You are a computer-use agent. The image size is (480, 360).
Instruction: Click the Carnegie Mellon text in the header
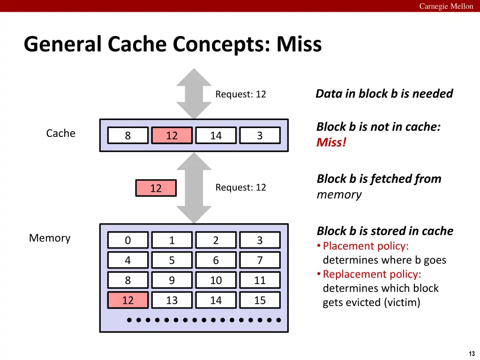446,6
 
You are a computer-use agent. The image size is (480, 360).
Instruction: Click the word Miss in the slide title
299,45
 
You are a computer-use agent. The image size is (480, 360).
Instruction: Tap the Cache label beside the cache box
60,134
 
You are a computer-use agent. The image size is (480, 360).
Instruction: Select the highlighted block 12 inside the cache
172,135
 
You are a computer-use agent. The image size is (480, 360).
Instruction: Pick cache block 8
128,135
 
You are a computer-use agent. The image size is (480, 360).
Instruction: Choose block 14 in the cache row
216,135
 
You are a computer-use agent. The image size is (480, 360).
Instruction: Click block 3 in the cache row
260,135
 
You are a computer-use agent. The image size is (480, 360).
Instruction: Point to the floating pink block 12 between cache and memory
156,188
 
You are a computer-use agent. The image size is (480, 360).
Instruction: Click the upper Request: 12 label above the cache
240,94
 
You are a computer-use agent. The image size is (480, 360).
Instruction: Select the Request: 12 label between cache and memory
240,187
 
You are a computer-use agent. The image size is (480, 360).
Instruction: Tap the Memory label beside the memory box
50,238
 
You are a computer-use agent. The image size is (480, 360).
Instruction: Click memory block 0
128,240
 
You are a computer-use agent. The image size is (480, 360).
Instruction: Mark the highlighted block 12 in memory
128,300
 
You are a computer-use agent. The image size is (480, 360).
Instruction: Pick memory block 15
260,300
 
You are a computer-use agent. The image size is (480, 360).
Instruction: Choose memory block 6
216,260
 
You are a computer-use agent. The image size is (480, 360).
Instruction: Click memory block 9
172,280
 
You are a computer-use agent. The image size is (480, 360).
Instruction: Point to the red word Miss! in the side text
331,142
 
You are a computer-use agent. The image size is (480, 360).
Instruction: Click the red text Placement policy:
366,246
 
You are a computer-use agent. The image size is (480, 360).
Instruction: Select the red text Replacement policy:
372,274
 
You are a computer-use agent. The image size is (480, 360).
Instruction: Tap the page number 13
472,353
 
